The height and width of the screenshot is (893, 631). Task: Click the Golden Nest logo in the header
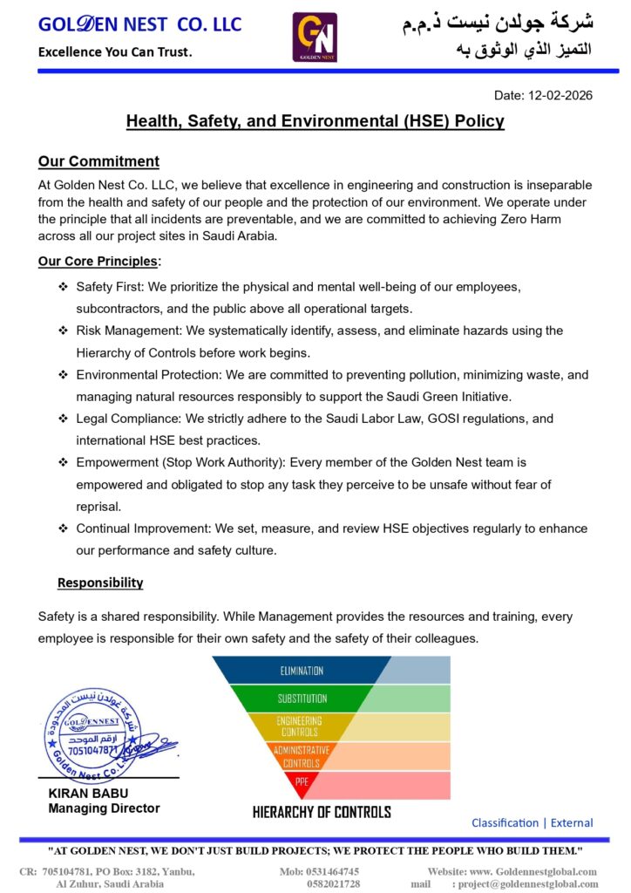315,37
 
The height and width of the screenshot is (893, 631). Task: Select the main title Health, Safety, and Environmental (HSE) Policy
315,121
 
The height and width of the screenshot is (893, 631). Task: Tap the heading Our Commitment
98,161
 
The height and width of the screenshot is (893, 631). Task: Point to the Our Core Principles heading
98,261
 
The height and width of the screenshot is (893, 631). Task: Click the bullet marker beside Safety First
63,287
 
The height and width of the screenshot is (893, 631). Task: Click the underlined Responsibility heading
100,583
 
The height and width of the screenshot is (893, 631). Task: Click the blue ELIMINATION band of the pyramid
302,670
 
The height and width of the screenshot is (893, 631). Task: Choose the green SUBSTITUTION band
302,699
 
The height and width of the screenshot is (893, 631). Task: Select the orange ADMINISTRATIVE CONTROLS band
302,755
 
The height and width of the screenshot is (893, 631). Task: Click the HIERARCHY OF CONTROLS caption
322,812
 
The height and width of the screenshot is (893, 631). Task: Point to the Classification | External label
532,822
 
